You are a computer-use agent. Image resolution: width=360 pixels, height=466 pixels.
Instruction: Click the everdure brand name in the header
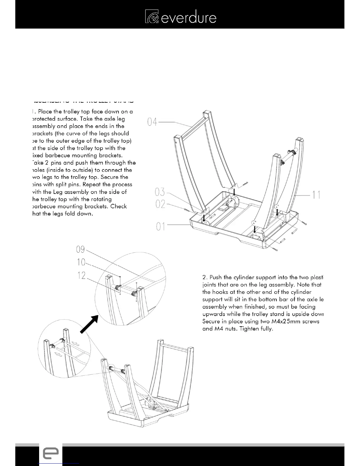click(x=189, y=18)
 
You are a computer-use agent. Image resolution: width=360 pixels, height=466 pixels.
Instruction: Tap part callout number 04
click(x=152, y=122)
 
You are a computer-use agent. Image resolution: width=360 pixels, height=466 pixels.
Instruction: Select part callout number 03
click(x=160, y=192)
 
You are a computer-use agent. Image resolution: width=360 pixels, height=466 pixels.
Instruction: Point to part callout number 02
click(x=160, y=204)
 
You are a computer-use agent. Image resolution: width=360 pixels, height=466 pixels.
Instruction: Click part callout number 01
click(x=161, y=227)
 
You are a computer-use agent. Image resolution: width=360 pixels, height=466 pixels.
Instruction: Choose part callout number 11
click(x=316, y=195)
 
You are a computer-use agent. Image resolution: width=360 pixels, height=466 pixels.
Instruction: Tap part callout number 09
click(x=80, y=249)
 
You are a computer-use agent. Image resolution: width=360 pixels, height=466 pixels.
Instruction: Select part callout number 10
click(x=81, y=262)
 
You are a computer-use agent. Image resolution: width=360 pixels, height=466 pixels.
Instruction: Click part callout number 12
click(x=81, y=275)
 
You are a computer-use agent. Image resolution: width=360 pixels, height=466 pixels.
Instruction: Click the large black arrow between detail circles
click(x=89, y=324)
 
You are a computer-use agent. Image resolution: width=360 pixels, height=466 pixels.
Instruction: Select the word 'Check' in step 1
click(x=119, y=207)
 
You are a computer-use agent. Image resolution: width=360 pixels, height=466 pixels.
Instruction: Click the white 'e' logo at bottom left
click(x=51, y=454)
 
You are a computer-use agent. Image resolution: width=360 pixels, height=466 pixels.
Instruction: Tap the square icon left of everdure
click(x=152, y=16)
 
